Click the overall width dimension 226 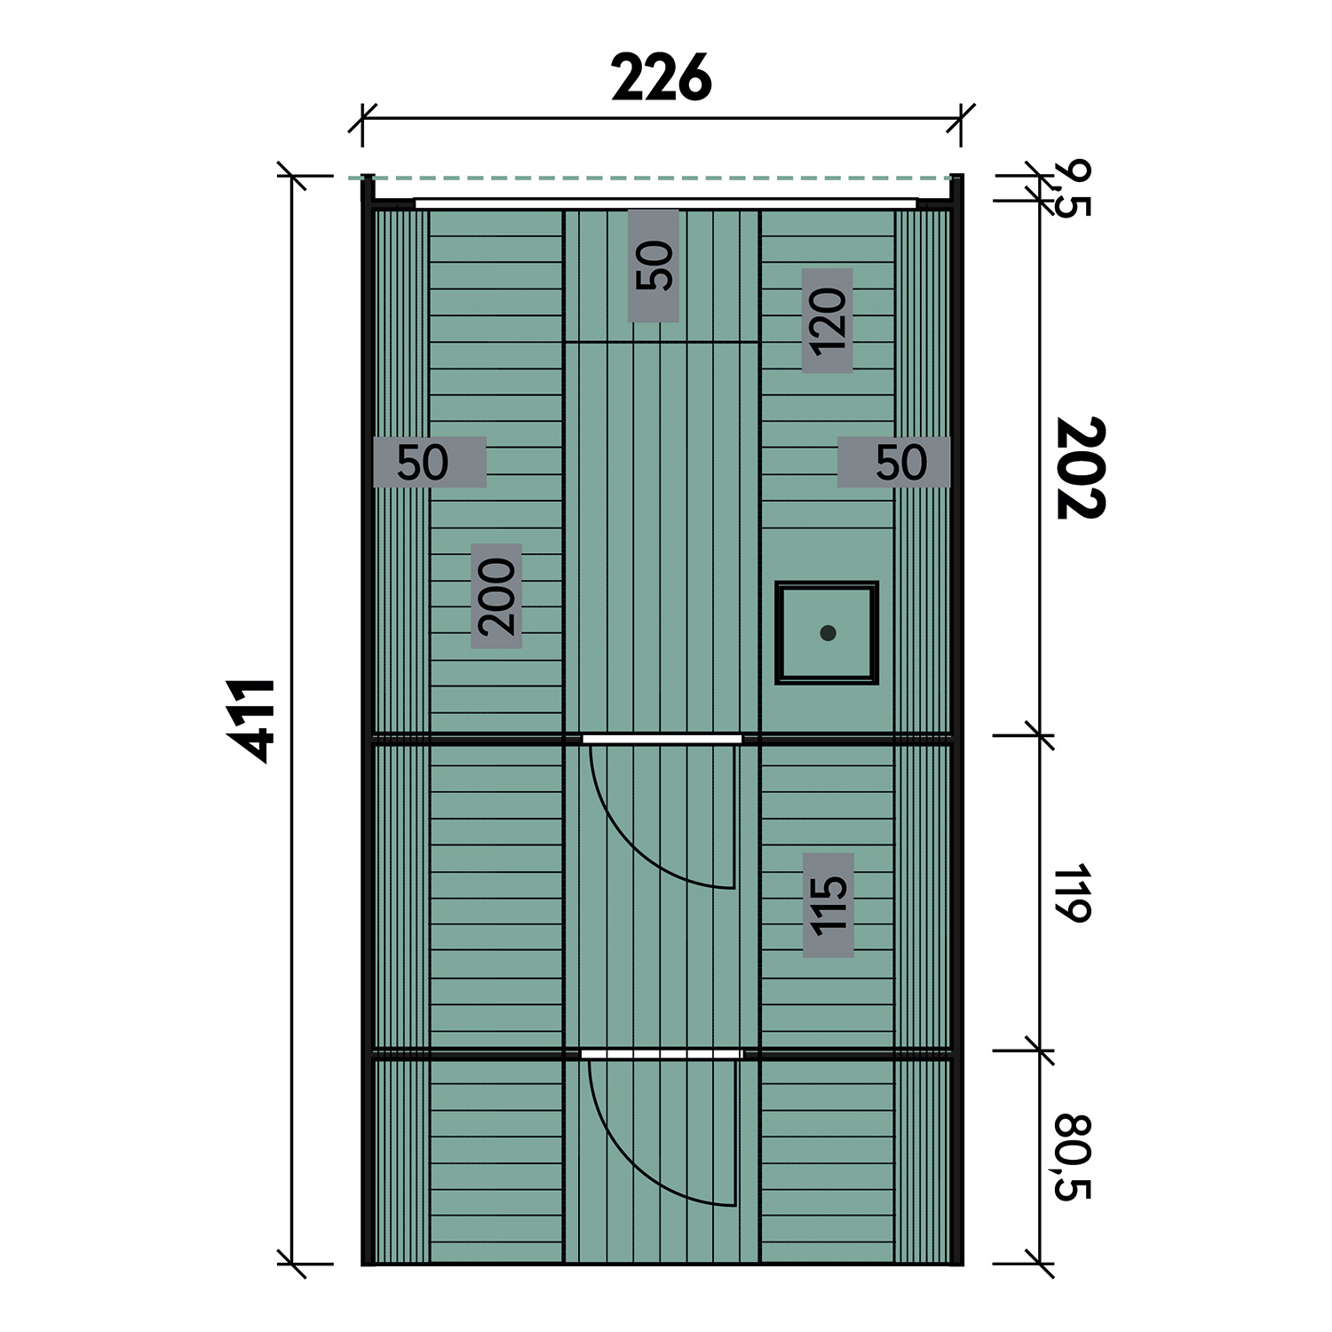[662, 78]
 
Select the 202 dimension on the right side [1080, 468]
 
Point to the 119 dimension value [1073, 893]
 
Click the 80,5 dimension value [1073, 1158]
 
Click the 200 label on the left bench [496, 596]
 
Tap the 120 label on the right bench [828, 321]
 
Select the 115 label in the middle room [829, 905]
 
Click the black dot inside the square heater [828, 633]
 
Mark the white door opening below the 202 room [662, 738]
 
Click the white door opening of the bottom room [662, 1054]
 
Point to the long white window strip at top [666, 203]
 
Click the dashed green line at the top [662, 178]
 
